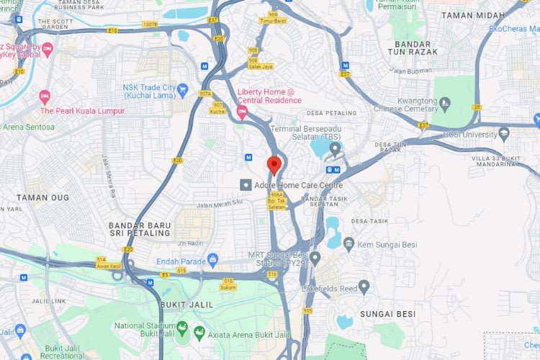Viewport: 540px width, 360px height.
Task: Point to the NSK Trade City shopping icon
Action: [184, 90]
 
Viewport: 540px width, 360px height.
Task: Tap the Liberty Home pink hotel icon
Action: [243, 111]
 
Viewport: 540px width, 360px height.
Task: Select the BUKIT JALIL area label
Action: [186, 305]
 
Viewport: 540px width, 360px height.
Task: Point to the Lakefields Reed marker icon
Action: [364, 287]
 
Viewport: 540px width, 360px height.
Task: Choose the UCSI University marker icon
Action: [503, 134]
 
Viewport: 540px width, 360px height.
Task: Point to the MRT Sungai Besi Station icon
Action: [315, 257]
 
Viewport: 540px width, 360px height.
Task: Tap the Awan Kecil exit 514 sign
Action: [101, 262]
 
